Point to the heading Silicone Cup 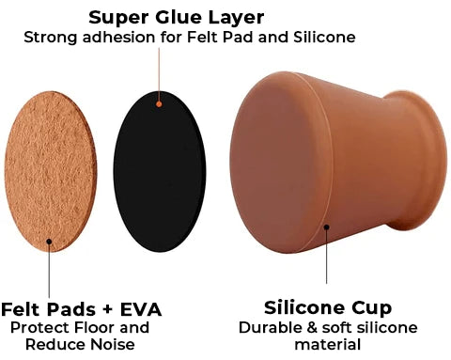click(x=327, y=308)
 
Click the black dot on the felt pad click(x=49, y=240)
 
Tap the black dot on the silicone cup click(x=326, y=225)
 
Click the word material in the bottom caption click(x=327, y=345)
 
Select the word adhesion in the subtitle click(x=113, y=38)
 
